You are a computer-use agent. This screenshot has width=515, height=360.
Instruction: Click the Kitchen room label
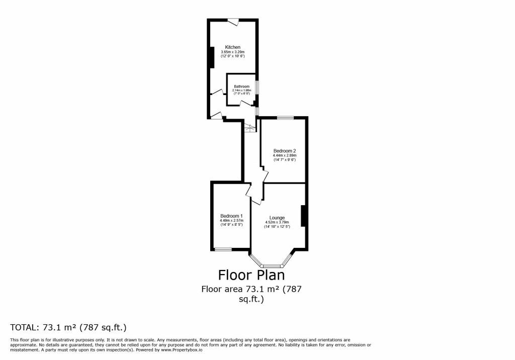click(x=232, y=47)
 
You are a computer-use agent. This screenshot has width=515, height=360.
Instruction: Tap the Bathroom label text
click(x=241, y=86)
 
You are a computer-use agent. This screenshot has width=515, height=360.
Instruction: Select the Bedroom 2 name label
click(x=284, y=151)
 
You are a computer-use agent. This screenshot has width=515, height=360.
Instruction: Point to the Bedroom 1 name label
click(x=231, y=216)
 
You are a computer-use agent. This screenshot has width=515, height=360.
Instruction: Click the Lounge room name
click(x=277, y=218)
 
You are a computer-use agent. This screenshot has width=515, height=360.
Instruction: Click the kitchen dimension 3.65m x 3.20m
click(x=232, y=52)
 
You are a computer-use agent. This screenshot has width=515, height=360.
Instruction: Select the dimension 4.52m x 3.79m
click(x=277, y=222)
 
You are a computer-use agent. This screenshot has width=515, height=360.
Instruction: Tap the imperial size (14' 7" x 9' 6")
click(x=284, y=160)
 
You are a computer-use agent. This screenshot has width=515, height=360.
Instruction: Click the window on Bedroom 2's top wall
click(x=285, y=118)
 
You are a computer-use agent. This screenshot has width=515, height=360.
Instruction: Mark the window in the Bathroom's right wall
click(x=257, y=87)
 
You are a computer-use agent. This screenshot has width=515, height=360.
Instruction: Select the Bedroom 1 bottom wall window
click(x=223, y=249)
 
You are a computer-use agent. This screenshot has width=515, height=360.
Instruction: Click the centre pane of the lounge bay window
click(x=272, y=265)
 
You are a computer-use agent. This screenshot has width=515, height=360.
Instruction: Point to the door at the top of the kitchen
click(x=233, y=21)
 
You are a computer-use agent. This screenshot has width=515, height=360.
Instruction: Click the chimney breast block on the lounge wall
click(x=303, y=216)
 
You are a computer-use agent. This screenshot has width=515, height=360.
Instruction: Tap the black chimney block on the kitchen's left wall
click(x=211, y=57)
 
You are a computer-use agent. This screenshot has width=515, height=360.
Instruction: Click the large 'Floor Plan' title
click(x=251, y=275)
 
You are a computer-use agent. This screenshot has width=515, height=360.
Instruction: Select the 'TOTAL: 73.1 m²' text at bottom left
click(x=68, y=327)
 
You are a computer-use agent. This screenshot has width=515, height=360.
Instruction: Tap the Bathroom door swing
click(x=245, y=103)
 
